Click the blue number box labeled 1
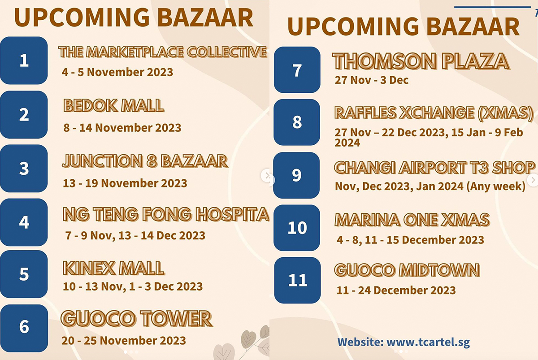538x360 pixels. [24, 61]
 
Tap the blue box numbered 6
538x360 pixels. [24, 327]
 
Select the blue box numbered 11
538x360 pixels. [297, 280]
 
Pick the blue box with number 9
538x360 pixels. [296, 175]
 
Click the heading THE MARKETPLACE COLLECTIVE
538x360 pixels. [163, 52]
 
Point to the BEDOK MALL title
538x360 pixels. [113, 106]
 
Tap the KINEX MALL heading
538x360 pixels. [113, 268]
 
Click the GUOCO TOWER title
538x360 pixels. [136, 319]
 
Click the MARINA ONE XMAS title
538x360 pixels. [412, 220]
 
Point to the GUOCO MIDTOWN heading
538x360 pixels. [407, 270]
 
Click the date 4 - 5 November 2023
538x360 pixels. [117, 72]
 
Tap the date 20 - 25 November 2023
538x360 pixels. [124, 341]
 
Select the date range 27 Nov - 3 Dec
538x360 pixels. [372, 81]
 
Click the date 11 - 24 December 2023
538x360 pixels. [396, 290]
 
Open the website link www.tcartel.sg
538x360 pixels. [428, 342]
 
